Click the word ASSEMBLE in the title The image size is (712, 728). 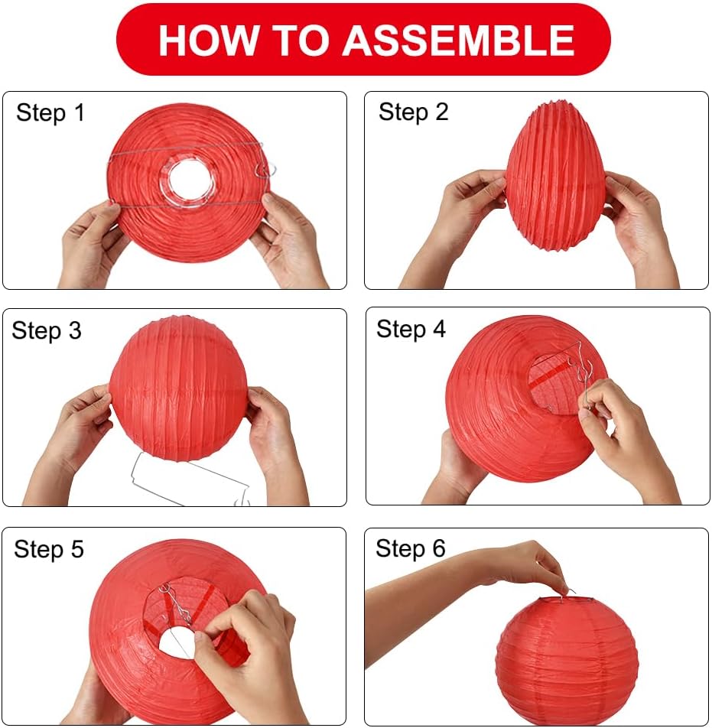458,41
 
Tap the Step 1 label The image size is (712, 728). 50,113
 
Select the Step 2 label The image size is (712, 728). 413,112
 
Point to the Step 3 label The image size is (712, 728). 47,330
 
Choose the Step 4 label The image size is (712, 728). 411,329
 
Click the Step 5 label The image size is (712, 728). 49,549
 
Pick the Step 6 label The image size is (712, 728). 411,548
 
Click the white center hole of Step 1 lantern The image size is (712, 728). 188,179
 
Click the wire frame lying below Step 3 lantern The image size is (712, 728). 191,478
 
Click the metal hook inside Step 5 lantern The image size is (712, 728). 179,604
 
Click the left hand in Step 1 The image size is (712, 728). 86,245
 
